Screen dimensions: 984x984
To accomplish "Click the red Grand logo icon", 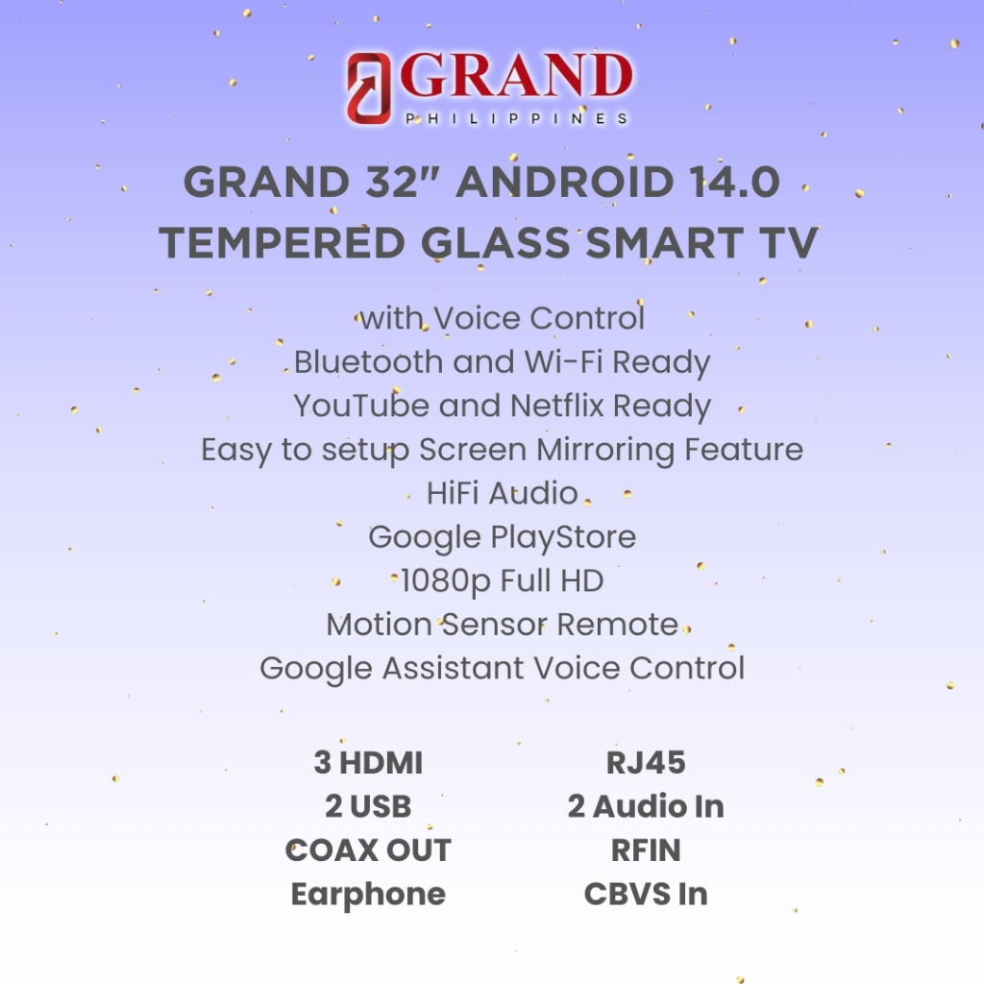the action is click(368, 87).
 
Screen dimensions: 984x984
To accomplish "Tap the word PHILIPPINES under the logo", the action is click(516, 118).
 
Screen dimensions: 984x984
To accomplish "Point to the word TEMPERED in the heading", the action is click(282, 243).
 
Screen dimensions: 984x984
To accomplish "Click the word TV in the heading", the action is click(792, 243).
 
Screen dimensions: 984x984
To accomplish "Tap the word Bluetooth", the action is click(369, 362).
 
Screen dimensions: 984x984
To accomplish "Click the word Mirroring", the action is click(605, 451).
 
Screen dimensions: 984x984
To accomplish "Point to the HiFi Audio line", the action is click(502, 493).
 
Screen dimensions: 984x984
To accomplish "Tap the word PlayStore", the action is click(563, 538).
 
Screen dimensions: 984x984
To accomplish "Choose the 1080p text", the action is click(445, 581).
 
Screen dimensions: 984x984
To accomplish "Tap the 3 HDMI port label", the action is click(368, 763).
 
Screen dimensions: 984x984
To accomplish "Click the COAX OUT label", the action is click(368, 850).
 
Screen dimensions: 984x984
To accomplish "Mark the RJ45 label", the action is click(646, 763).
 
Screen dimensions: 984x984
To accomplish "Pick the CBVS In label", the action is click(646, 895).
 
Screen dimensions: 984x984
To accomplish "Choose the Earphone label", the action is click(368, 895).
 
